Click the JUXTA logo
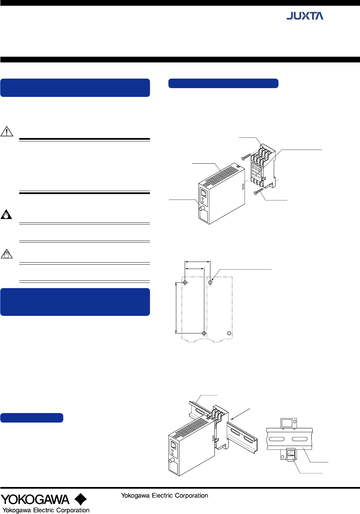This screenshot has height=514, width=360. pyautogui.click(x=305, y=16)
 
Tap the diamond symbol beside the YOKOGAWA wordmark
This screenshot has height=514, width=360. pyautogui.click(x=81, y=499)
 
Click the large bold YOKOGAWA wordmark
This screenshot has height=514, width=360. pyautogui.click(x=35, y=499)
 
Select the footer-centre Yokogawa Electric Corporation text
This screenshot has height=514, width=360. pyautogui.click(x=164, y=495)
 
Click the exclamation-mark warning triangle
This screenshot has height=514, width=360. pyautogui.click(x=7, y=131)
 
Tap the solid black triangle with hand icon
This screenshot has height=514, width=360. pyautogui.click(x=6, y=214)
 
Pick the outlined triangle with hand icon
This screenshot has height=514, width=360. pyautogui.click(x=6, y=254)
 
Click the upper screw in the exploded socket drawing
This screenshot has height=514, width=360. pyautogui.click(x=246, y=157)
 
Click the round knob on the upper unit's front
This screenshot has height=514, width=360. pyautogui.click(x=202, y=208)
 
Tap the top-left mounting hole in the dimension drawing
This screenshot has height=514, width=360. pyautogui.click(x=185, y=282)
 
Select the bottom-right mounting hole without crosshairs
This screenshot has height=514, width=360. pyautogui.click(x=229, y=333)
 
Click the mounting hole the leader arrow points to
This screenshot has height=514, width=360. pyautogui.click(x=210, y=282)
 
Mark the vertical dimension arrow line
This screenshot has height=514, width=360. pyautogui.click(x=176, y=308)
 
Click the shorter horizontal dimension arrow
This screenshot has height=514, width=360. pyautogui.click(x=195, y=268)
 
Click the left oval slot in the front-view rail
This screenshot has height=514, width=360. pyautogui.click(x=277, y=439)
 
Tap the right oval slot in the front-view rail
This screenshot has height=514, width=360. pyautogui.click(x=300, y=439)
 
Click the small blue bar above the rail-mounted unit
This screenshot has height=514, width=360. pyautogui.click(x=32, y=417)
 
